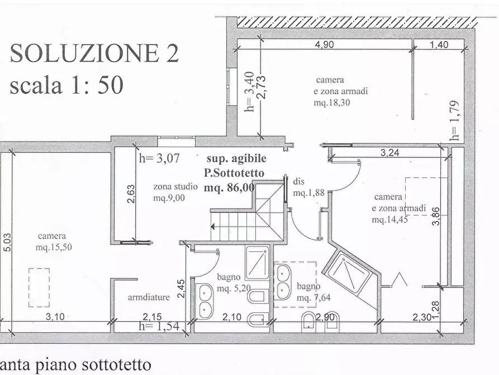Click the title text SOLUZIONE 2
(94, 54)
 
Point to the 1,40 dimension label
(439, 45)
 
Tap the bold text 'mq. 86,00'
(230, 188)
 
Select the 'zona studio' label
(175, 187)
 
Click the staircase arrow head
(214, 227)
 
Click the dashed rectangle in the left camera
(39, 287)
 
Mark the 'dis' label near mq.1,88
(298, 182)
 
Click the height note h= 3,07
(159, 158)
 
